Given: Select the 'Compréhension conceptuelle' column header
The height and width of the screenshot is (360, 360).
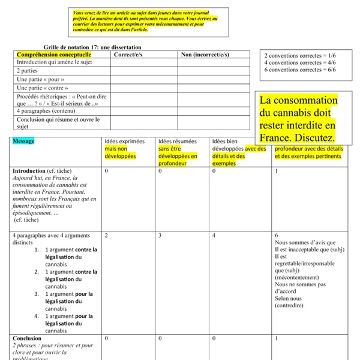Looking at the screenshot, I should pos(50,54).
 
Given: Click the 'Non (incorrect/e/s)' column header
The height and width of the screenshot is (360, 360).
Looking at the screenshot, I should pos(205,54).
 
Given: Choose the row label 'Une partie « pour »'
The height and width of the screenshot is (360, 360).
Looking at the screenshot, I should pos(40,79).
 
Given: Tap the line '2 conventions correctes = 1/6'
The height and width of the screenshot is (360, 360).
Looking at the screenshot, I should pos(300,55).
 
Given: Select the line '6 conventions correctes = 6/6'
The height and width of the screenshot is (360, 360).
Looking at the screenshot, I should pos(300,69).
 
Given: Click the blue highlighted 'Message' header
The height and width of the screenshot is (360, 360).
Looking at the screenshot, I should pos(23,141).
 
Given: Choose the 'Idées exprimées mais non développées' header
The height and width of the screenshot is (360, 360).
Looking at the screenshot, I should pos(124,148).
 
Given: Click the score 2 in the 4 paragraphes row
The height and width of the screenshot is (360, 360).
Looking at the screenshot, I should pos(106,236).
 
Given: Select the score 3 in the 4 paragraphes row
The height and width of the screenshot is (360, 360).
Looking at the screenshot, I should pos(160,236).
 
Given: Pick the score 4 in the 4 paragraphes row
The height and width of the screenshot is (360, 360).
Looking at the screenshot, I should pos(214,236).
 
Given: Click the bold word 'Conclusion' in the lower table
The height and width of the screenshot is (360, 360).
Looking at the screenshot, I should pos(27,338).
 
